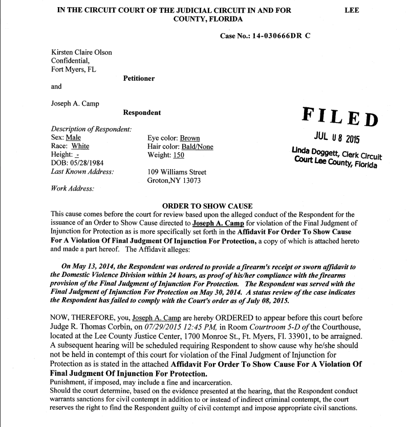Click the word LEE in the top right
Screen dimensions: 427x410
coord(352,10)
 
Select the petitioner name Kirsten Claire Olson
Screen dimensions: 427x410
coord(81,52)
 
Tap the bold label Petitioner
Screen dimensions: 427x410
coord(139,79)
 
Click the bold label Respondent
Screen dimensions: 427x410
coord(142,112)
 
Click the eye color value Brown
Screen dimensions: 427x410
coord(189,138)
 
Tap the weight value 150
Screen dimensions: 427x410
coord(178,155)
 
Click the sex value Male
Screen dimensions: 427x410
coord(73,138)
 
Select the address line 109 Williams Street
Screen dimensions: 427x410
coord(177,172)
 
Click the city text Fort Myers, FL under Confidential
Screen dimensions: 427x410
coord(73,69)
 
